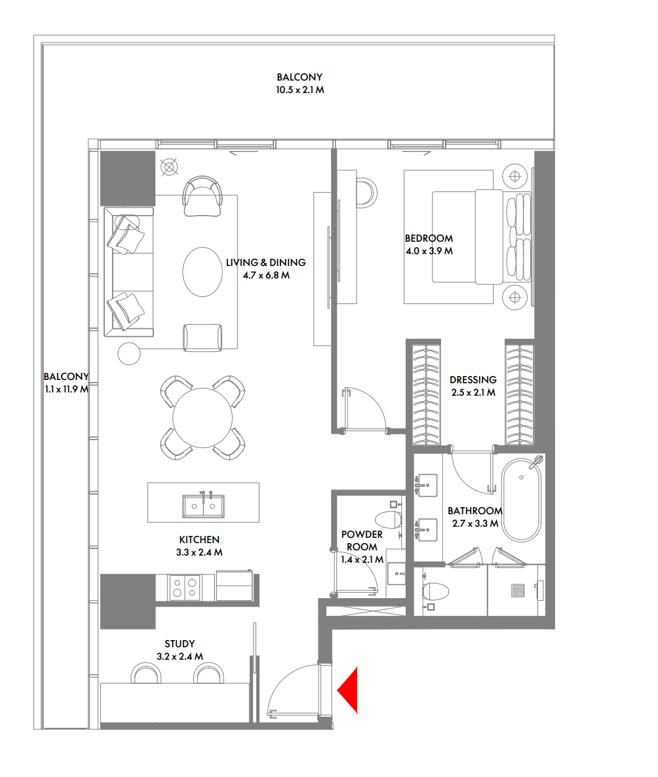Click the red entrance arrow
pos(349,690)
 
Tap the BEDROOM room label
pos(429,238)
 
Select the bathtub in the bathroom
pos(522,499)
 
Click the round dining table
pos(203,417)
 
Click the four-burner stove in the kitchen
pos(184,586)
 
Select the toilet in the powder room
pos(391,520)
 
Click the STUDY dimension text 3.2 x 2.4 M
pos(180,656)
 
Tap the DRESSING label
pos(473,380)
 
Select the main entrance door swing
pos(293,691)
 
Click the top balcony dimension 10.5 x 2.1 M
pos(300,90)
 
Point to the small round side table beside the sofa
pos(129,353)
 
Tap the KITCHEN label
pos(199,540)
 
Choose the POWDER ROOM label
pos(361,540)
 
